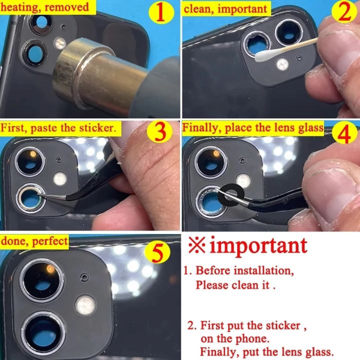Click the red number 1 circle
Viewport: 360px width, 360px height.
(x=161, y=13)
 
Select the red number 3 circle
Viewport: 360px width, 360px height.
(x=161, y=133)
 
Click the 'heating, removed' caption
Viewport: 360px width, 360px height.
(x=45, y=7)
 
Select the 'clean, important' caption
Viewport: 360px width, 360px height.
(x=226, y=8)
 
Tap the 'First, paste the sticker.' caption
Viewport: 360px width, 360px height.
(x=59, y=127)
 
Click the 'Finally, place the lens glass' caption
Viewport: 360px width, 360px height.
(x=252, y=127)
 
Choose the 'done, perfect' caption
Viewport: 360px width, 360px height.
(x=34, y=240)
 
